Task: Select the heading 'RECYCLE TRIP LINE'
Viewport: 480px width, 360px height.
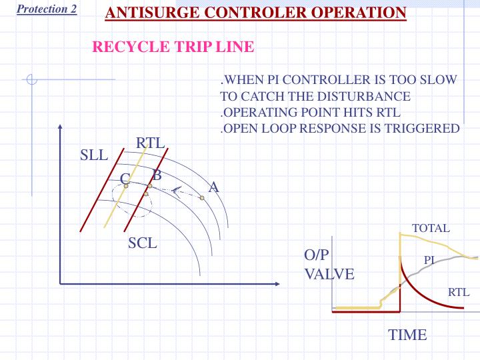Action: [x=172, y=47]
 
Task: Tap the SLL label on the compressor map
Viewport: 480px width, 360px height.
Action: [x=93, y=156]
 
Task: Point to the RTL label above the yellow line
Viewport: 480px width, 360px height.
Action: [x=150, y=143]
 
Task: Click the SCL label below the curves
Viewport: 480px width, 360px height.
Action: [x=143, y=243]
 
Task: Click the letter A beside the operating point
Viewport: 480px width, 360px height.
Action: [x=214, y=187]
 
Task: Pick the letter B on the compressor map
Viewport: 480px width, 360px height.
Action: [x=157, y=176]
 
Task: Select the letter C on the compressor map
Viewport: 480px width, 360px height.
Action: [x=125, y=178]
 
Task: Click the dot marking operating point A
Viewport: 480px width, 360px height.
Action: [x=201, y=197]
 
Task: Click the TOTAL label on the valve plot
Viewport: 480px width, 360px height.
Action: [x=431, y=228]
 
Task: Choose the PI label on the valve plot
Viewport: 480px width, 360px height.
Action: [x=429, y=261]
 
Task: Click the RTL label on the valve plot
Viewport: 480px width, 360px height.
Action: [x=459, y=291]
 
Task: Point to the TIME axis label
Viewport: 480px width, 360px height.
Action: [x=407, y=335]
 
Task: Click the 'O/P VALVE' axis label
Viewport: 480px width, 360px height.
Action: [x=329, y=265]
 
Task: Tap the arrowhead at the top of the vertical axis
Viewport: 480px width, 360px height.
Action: [x=60, y=126]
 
